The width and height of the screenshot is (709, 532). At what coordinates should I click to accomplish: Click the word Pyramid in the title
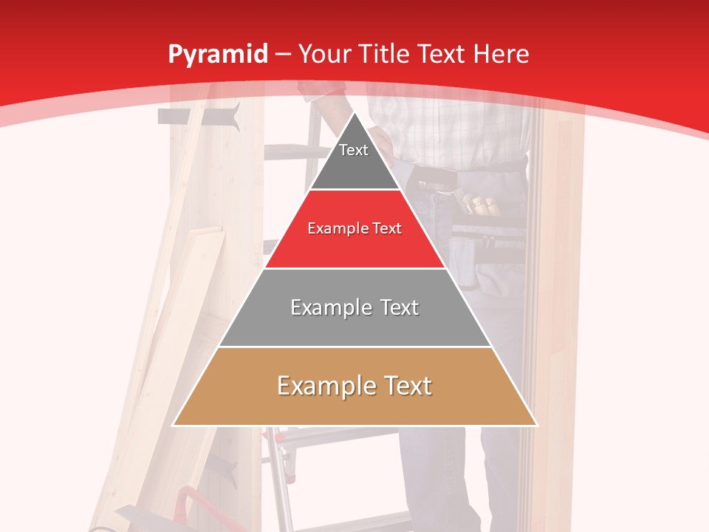tap(217, 55)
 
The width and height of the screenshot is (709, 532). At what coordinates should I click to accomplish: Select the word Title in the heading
tap(389, 55)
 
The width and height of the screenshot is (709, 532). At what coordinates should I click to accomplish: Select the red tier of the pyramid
tap(354, 236)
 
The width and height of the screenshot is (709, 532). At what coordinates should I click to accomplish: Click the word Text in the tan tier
tap(405, 386)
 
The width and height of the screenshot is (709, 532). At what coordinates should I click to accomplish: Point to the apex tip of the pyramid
tap(354, 114)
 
